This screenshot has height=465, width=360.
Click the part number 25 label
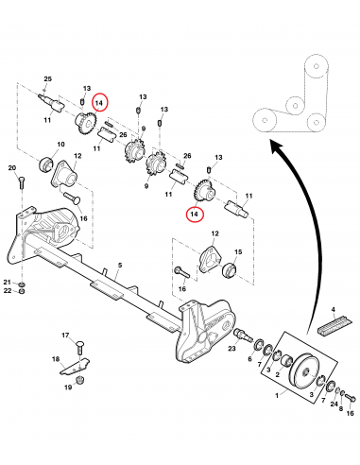point(47,78)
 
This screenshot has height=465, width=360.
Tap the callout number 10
point(60,145)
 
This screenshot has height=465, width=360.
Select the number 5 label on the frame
point(120,266)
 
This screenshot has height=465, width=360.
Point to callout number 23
point(231,349)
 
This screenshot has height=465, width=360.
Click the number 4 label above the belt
point(334,310)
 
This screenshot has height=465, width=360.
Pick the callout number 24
point(334,404)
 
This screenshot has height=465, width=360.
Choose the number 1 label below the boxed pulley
point(277,395)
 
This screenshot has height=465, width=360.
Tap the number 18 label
point(56,359)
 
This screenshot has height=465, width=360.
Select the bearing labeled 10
point(44,164)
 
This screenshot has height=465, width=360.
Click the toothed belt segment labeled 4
point(334,325)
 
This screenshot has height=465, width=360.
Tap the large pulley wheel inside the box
point(304,370)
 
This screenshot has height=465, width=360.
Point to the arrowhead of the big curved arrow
point(277,146)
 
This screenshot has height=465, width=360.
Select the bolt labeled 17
point(80,348)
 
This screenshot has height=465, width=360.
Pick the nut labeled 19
point(79,379)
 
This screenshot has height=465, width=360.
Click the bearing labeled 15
point(230,270)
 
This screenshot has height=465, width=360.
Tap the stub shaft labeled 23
point(243,335)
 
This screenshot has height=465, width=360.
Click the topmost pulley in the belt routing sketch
point(317,67)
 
